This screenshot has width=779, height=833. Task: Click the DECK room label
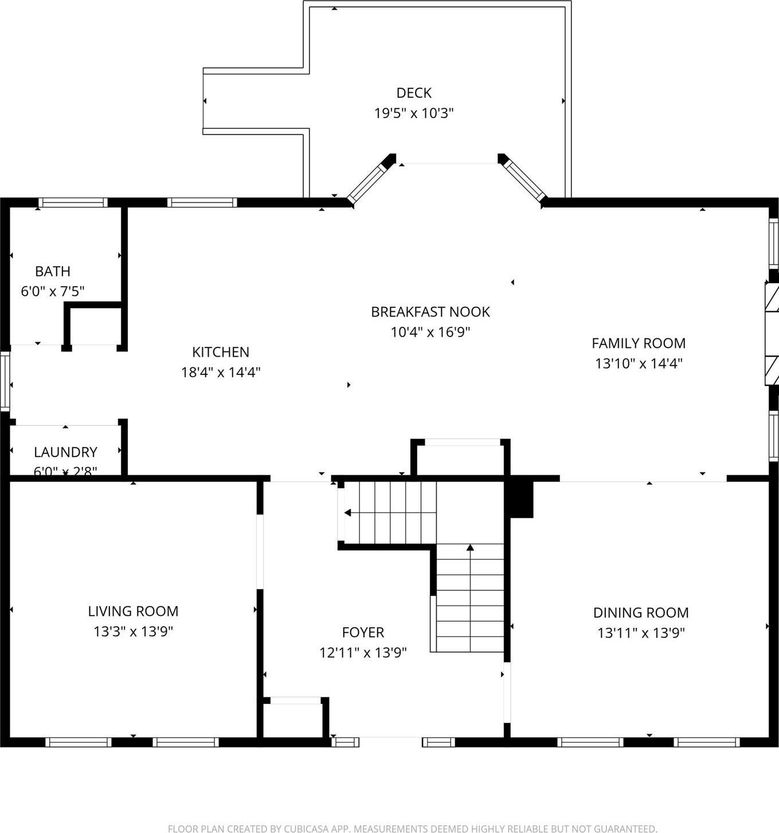pos(413,93)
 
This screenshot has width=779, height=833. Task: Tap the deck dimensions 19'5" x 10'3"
pos(413,113)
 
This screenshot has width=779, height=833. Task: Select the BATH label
pos(53,271)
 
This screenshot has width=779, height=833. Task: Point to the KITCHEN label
pos(221,352)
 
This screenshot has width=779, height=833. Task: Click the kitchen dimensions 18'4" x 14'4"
pos(221,372)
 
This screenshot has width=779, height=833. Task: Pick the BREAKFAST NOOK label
pos(430,312)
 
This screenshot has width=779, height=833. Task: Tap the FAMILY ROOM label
pos(639,343)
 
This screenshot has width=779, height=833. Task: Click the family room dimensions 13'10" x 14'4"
pos(639,363)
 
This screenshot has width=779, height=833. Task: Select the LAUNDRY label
pos(65,452)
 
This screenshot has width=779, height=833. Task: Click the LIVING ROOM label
pos(133,611)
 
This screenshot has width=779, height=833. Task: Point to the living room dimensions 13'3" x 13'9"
pos(133,631)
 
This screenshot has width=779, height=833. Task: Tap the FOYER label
pos(363,632)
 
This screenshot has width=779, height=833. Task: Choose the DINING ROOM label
pos(641,613)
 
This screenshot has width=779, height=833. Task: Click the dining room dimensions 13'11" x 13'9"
pos(641,633)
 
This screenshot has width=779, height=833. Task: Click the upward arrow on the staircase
pos(470,549)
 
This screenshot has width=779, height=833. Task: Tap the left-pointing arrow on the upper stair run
pos(348,513)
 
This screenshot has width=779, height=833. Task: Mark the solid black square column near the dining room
pos(521,499)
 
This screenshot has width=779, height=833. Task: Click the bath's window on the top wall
pos(73,202)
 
